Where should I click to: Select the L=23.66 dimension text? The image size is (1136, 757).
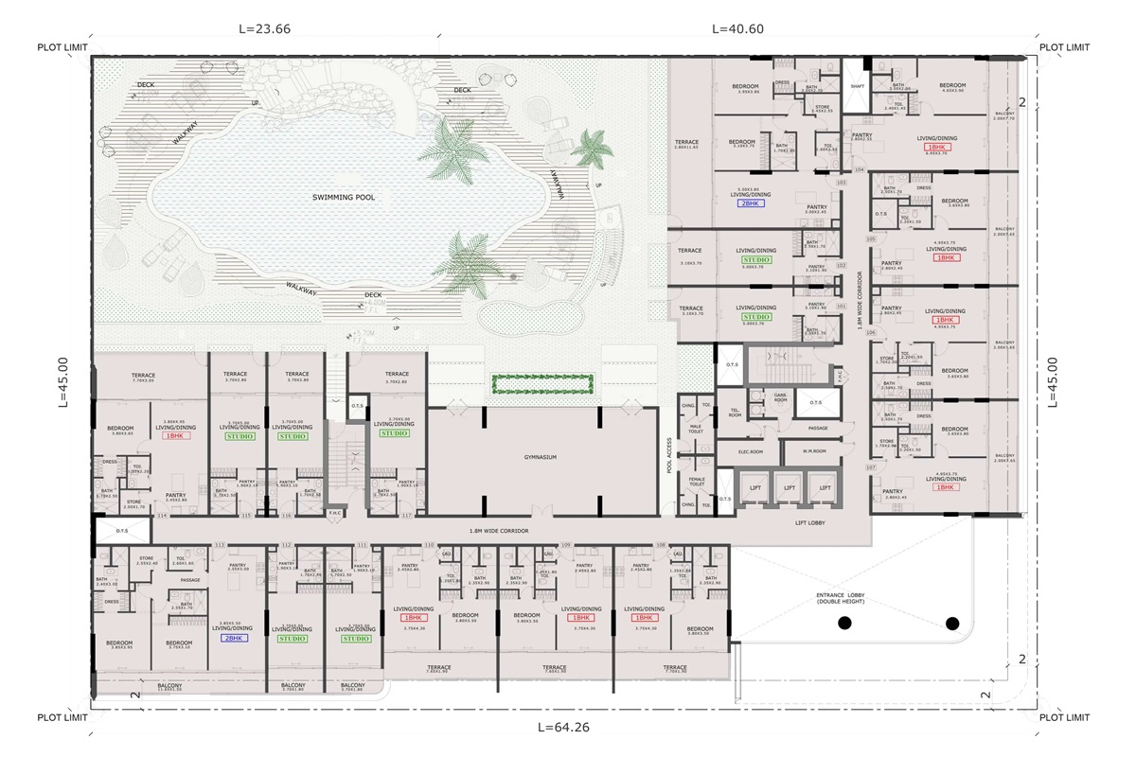coord(264,29)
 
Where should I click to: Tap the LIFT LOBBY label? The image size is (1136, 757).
coord(812,521)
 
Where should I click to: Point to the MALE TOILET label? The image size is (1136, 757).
coord(697,431)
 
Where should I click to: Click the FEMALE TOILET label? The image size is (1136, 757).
coord(697,483)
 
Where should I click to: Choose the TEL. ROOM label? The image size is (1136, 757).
coord(735,414)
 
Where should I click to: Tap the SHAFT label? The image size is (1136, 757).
coord(858,86)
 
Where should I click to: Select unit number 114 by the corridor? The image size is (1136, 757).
coord(162,517)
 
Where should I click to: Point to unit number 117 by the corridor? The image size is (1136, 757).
coord(406,517)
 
